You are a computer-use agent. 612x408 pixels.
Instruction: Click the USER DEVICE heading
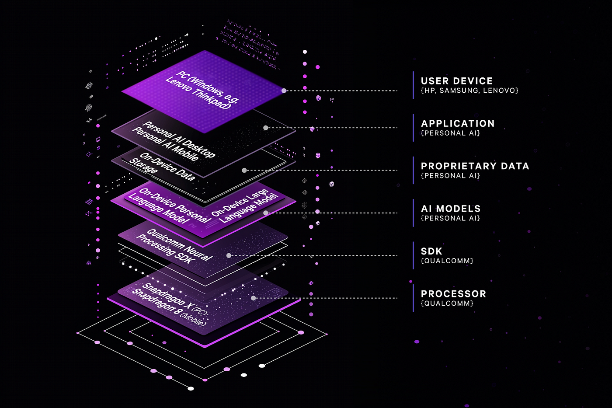click(456, 81)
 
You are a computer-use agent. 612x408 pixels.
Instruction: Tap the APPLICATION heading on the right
click(458, 124)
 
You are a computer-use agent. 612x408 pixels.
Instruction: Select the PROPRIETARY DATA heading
click(475, 166)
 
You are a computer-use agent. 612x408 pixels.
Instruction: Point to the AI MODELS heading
click(450, 209)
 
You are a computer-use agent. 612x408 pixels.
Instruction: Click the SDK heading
click(431, 251)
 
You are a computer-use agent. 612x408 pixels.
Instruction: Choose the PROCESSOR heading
click(453, 294)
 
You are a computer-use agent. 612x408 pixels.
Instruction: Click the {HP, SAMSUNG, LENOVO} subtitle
click(469, 91)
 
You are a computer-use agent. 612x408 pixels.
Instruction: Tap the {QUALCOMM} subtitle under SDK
click(447, 261)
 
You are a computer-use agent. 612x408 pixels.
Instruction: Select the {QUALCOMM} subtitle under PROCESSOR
click(447, 303)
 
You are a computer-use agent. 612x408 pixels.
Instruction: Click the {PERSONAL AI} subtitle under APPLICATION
click(450, 133)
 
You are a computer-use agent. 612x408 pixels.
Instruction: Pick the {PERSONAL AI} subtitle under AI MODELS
click(450, 218)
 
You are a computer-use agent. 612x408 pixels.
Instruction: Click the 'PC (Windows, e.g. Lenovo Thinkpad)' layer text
click(202, 90)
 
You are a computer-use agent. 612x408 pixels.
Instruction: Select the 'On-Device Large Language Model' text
click(245, 206)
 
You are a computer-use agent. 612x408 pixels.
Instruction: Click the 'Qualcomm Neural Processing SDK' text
click(175, 245)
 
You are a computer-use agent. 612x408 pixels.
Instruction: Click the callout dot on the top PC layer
click(284, 91)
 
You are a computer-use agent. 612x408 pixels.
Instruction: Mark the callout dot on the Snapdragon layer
click(254, 298)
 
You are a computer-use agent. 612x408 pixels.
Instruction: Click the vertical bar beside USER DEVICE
click(413, 85)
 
